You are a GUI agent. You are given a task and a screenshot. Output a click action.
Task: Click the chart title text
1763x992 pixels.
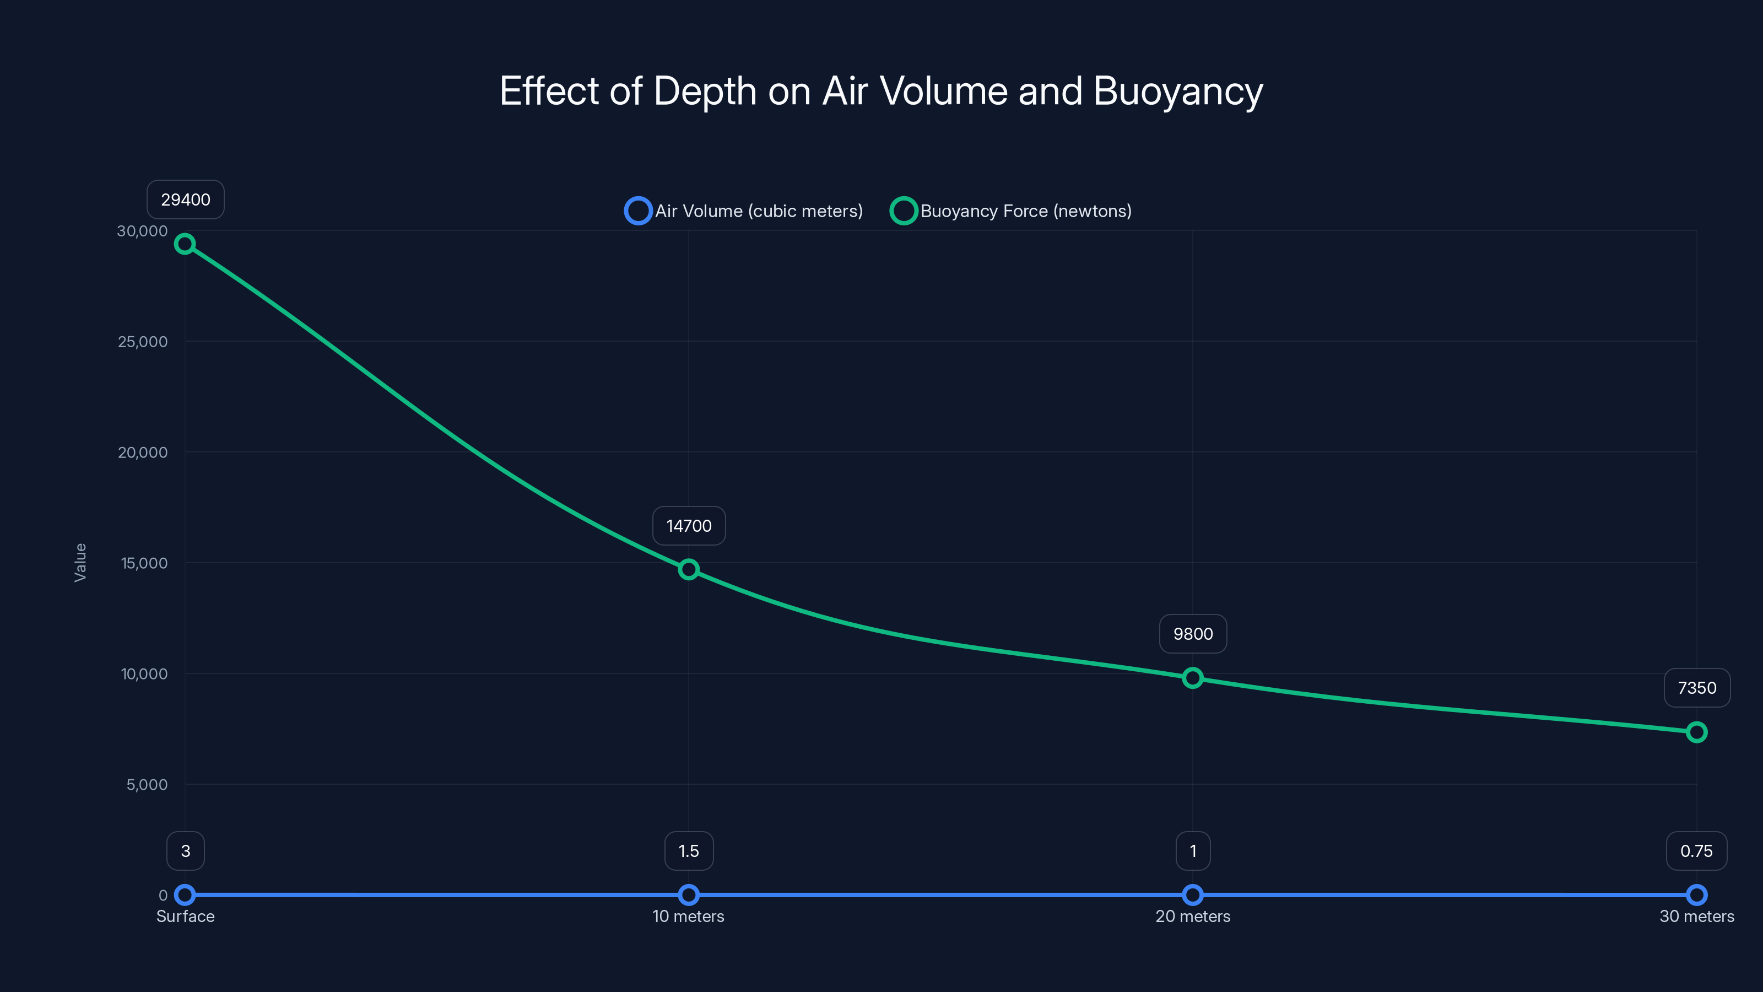tap(881, 91)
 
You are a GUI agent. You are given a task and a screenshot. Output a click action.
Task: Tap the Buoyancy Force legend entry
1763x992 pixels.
tap(1011, 211)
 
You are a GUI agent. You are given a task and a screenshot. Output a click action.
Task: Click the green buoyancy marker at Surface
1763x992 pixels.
tap(185, 244)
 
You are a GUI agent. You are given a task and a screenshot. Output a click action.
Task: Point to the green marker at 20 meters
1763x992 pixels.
tap(1192, 678)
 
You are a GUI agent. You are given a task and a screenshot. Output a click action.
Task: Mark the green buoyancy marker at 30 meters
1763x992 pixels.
tap(1696, 732)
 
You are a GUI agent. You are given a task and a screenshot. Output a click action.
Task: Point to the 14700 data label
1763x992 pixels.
tap(689, 526)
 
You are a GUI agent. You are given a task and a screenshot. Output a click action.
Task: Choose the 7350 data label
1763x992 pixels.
tap(1697, 688)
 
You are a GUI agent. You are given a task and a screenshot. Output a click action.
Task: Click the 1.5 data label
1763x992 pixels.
tap(689, 851)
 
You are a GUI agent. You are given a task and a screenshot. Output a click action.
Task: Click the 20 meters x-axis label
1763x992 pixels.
tap(1192, 916)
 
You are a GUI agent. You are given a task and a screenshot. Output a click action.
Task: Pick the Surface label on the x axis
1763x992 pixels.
tap(186, 916)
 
